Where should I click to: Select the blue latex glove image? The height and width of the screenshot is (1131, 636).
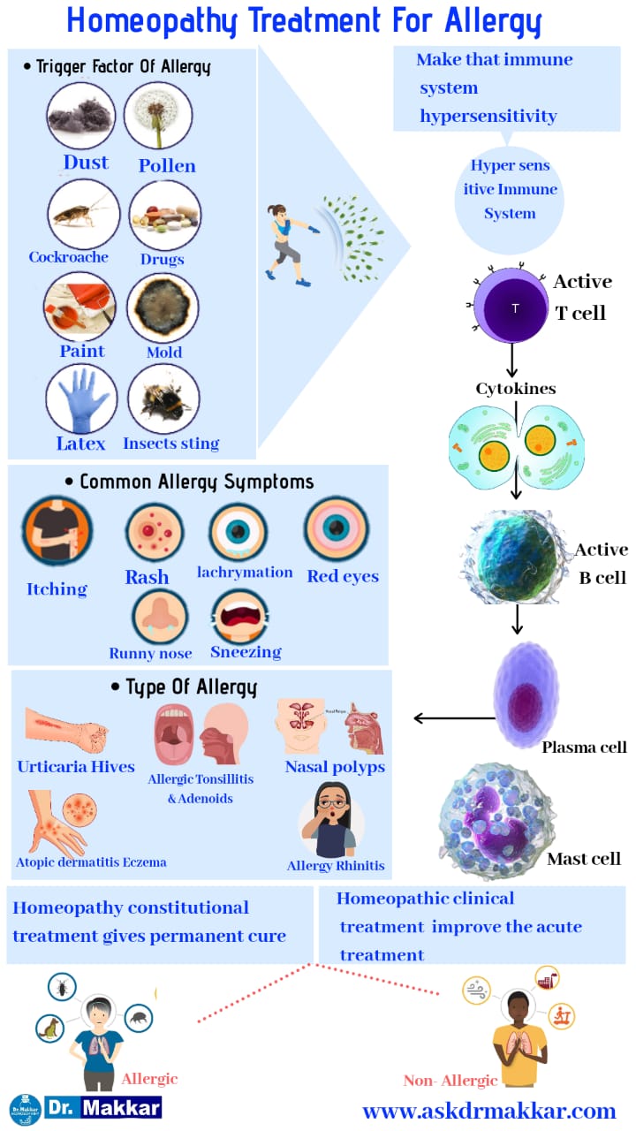(x=80, y=399)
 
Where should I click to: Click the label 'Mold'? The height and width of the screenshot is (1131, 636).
(x=164, y=353)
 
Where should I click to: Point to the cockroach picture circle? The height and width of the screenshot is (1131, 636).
(x=82, y=214)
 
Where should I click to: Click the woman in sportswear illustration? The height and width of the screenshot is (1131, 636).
(x=287, y=243)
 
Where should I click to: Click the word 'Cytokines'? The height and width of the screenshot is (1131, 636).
(x=515, y=389)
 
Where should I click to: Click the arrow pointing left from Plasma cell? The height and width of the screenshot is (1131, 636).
(x=454, y=717)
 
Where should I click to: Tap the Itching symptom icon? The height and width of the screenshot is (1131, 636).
(x=57, y=530)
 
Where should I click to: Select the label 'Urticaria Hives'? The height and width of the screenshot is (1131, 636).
(x=77, y=767)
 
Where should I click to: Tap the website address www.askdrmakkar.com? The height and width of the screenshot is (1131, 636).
(x=488, y=1111)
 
